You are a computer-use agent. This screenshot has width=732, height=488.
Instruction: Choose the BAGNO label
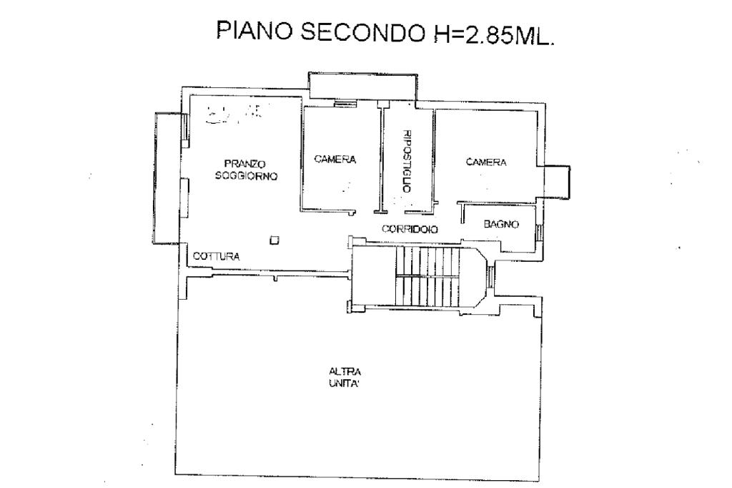tap(500, 224)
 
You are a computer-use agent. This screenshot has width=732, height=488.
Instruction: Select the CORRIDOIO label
tap(410, 230)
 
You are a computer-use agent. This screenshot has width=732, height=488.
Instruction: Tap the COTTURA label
tap(217, 255)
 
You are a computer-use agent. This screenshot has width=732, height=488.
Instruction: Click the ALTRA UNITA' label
tap(345, 377)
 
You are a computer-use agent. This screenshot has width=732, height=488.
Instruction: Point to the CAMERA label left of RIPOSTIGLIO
tap(335, 160)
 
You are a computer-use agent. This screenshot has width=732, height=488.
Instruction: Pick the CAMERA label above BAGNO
tap(486, 162)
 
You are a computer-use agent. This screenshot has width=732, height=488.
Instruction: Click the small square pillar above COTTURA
tap(273, 240)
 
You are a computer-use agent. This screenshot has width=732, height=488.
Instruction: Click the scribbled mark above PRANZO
tap(232, 112)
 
